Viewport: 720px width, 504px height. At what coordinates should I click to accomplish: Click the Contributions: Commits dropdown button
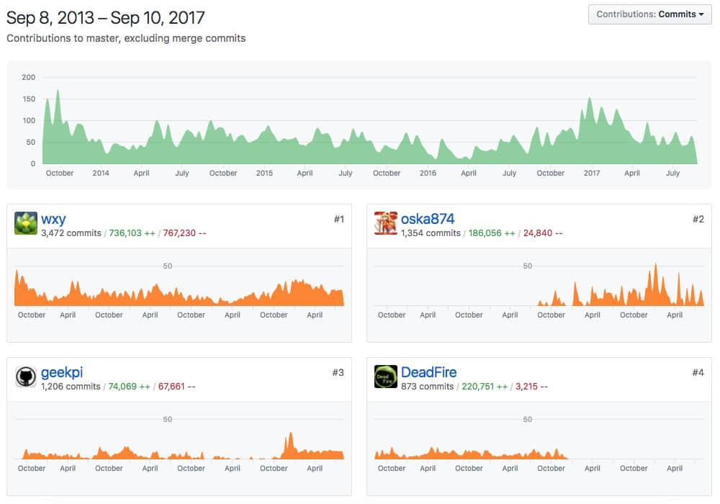[x=649, y=14]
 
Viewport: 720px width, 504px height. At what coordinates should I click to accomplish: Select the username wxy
[x=53, y=219]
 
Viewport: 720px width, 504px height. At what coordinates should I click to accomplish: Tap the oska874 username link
[x=428, y=219]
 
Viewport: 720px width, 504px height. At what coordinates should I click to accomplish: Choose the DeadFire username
[x=428, y=372]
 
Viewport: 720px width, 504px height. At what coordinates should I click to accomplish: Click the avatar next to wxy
[x=26, y=223]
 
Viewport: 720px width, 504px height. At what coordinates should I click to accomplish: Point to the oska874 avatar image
[x=386, y=223]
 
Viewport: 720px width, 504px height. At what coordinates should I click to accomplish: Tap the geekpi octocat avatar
[x=26, y=377]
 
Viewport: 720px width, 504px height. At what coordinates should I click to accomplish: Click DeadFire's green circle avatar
[x=386, y=377]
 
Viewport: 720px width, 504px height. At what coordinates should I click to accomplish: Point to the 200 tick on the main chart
[x=29, y=77]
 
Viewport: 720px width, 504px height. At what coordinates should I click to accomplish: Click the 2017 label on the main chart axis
[x=592, y=173]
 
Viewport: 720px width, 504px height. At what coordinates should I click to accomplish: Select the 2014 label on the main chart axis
[x=101, y=173]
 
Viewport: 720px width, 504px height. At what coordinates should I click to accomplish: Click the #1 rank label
[x=338, y=219]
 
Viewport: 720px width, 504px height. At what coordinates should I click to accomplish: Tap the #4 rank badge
[x=698, y=372]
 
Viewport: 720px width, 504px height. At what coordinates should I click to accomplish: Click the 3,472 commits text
[x=71, y=233]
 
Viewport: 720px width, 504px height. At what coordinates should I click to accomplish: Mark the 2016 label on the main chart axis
[x=428, y=173]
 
